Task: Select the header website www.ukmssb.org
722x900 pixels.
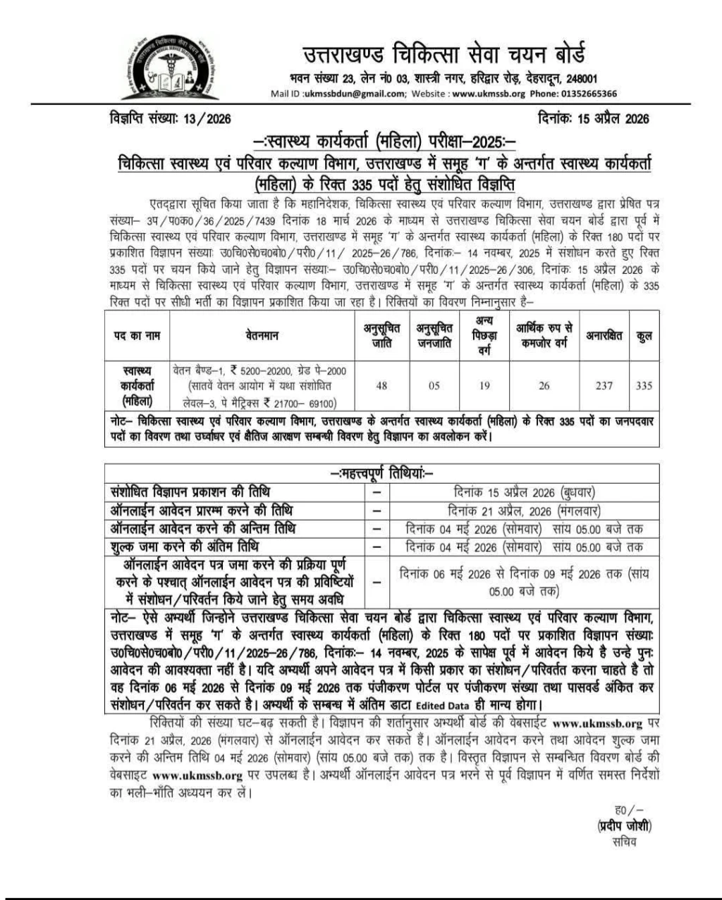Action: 489,94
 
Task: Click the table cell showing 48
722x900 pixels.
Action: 381,385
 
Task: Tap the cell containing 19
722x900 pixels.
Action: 484,385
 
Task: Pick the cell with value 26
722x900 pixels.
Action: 543,385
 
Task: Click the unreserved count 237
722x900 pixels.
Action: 604,385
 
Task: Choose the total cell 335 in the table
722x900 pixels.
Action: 643,385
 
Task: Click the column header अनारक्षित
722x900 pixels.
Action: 604,336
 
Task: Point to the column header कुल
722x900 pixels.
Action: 643,336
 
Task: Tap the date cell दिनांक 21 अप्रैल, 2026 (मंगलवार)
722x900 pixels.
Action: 524,511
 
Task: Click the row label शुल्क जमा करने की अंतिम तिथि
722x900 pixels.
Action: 185,546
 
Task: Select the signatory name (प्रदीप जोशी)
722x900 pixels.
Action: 624,826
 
